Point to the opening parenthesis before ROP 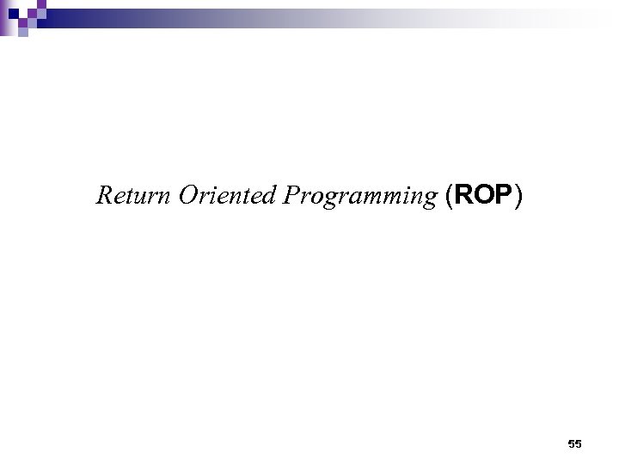pos(450,197)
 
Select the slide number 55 pos(575,443)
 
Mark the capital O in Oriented pos(187,196)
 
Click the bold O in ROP pos(483,196)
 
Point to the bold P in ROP pos(502,196)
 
